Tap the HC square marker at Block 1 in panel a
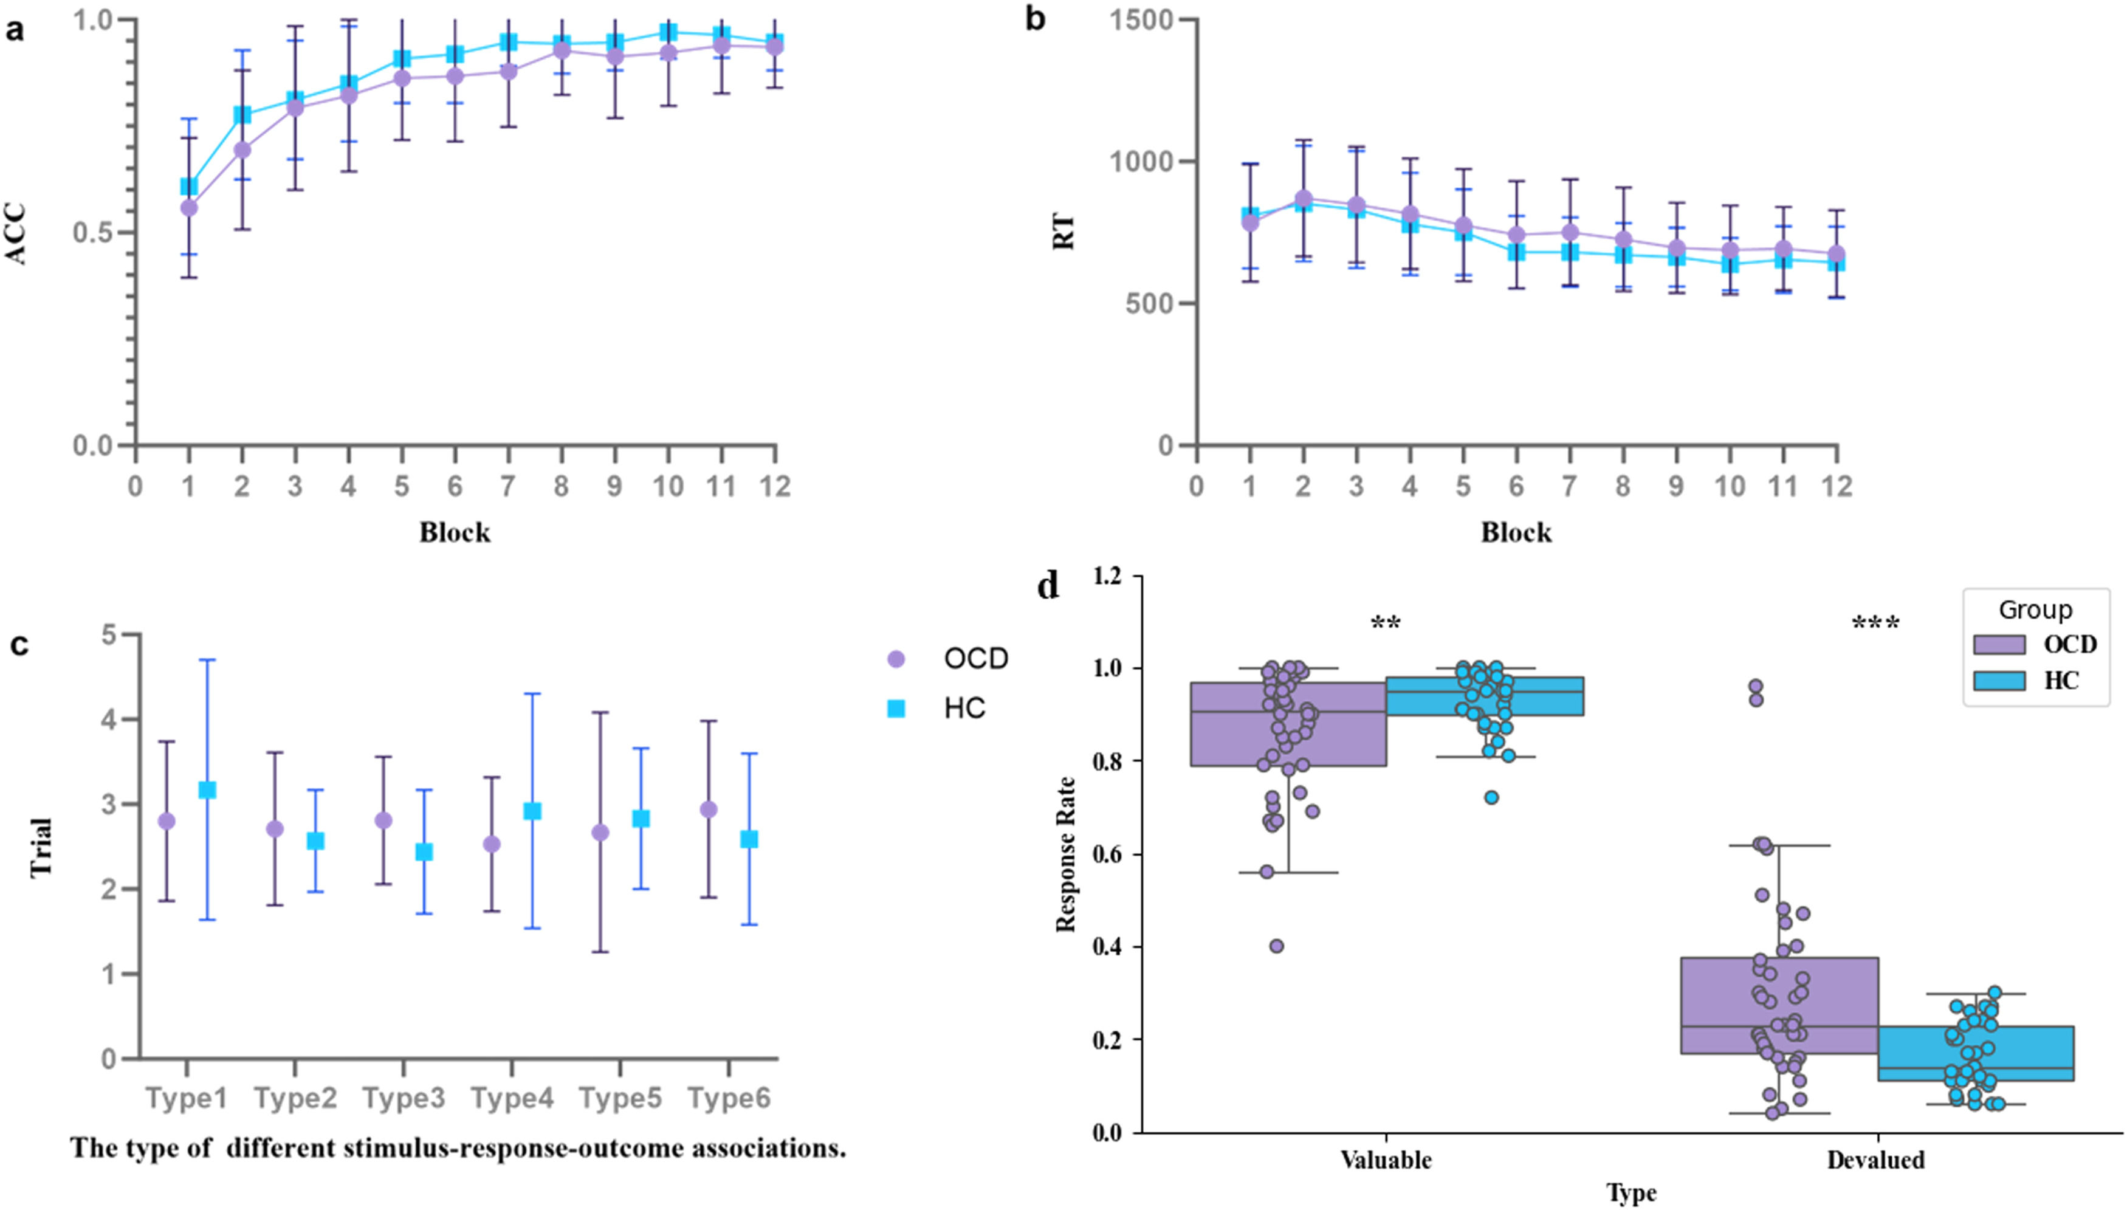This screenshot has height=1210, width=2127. coord(190,186)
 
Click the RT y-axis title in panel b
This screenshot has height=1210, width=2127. coord(1064,233)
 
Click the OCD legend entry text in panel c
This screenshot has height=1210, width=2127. coord(975,659)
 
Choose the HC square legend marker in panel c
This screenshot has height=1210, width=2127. coord(896,708)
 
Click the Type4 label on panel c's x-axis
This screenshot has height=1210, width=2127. coord(512,1099)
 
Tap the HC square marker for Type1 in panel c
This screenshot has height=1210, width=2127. coord(208,789)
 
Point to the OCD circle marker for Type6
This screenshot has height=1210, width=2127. coord(709,810)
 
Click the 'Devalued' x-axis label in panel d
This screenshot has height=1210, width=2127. coord(1875,1160)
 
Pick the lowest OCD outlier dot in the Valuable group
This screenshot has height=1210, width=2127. coord(1277,946)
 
